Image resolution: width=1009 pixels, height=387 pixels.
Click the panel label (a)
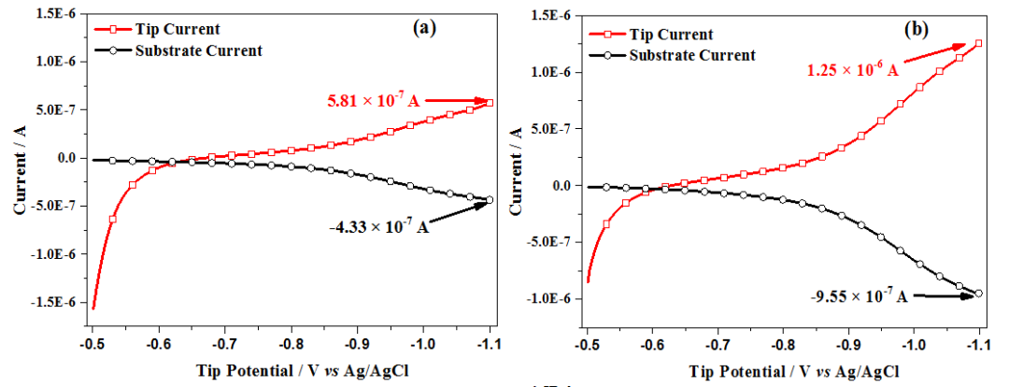tap(425, 27)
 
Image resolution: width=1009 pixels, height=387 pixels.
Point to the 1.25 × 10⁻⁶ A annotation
tap(852, 69)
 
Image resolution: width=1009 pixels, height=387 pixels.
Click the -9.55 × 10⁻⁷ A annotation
tap(860, 296)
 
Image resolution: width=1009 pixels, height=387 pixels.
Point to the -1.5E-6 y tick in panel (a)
tap(57, 301)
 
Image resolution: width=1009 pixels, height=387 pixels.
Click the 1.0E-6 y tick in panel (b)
tap(550, 72)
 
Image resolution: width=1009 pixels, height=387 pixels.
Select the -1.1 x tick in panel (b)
tap(977, 345)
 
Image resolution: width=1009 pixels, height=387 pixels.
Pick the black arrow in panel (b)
tap(944, 294)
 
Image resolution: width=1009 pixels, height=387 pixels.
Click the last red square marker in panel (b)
tap(978, 43)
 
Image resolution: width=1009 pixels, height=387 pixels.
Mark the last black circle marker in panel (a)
tap(490, 199)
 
